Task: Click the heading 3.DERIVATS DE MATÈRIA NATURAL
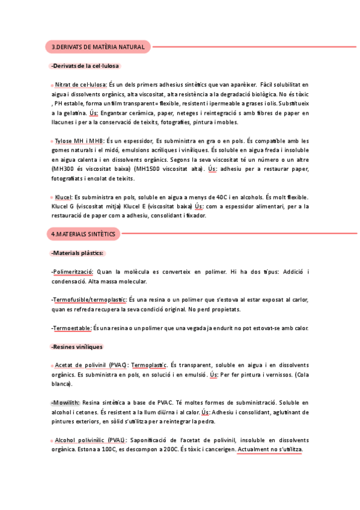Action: pos(98,46)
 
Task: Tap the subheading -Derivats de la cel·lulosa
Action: pos(85,66)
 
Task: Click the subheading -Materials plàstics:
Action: pos(78,253)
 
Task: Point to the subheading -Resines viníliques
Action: pos(77,346)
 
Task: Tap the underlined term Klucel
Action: pos(63,197)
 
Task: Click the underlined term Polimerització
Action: pos(73,272)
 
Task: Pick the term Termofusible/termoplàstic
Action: pos(89,300)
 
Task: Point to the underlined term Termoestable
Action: pos(72,328)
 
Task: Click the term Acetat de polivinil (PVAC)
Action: pos(91,365)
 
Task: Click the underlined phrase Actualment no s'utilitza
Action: pos(270,450)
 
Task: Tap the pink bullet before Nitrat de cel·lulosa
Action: pos(52,85)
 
